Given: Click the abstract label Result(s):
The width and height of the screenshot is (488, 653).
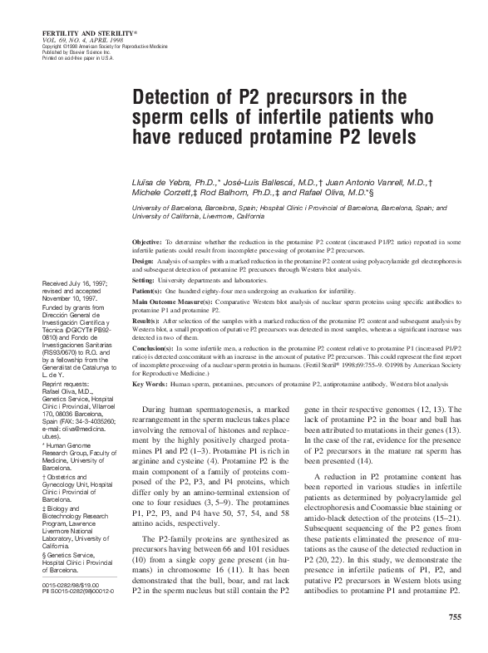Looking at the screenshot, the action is (147, 319).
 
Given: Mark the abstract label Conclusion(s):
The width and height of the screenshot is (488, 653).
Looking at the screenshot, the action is (153, 347).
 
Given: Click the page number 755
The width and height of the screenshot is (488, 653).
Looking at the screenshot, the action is (454, 616).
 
